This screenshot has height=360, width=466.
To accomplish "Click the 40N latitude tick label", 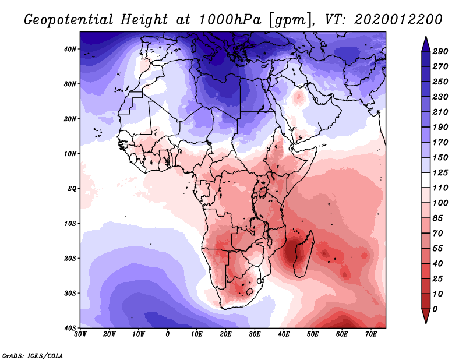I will pos(70,49).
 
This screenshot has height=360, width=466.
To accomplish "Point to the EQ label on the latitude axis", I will pos(71,189).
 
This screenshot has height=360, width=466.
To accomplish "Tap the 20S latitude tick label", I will pos(70,258).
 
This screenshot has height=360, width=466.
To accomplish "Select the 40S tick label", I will pos(70,327).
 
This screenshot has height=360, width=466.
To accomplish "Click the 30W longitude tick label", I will pos(80,334).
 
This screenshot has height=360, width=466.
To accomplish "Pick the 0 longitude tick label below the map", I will pos(168,334).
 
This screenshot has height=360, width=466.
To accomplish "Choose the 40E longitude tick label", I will pos(284,334).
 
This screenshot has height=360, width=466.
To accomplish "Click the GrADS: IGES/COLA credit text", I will pos(32,355).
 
